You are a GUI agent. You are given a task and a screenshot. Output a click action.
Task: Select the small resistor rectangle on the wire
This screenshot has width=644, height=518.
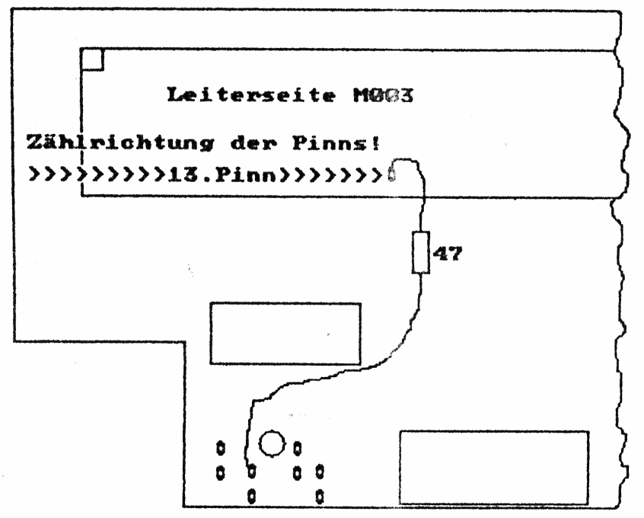[421, 253]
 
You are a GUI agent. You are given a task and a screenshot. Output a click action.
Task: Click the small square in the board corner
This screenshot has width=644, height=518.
[91, 59]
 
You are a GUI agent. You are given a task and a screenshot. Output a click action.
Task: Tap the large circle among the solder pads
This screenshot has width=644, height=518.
[272, 441]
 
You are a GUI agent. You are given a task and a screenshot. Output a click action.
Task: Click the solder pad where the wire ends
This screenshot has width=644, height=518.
[250, 468]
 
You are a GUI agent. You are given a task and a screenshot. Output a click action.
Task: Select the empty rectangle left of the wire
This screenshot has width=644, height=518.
[285, 332]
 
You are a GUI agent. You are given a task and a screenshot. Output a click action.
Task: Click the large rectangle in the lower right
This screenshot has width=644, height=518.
[494, 466]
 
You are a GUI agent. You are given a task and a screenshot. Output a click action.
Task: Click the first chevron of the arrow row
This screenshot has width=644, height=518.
[34, 174]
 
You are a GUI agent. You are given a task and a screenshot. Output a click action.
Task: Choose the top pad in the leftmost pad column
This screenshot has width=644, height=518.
[221, 446]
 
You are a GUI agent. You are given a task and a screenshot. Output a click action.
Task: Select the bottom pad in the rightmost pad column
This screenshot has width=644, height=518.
[320, 496]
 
